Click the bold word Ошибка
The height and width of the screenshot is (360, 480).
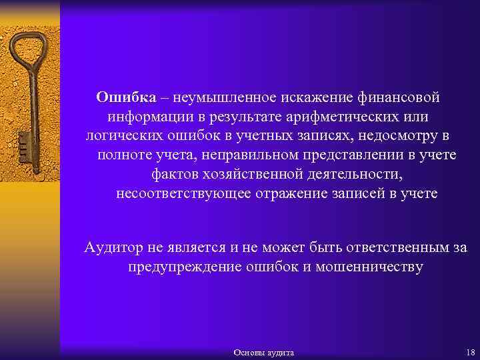coord(126,97)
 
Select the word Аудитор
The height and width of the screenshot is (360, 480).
coord(114,248)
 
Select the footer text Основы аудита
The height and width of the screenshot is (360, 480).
coord(265,352)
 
